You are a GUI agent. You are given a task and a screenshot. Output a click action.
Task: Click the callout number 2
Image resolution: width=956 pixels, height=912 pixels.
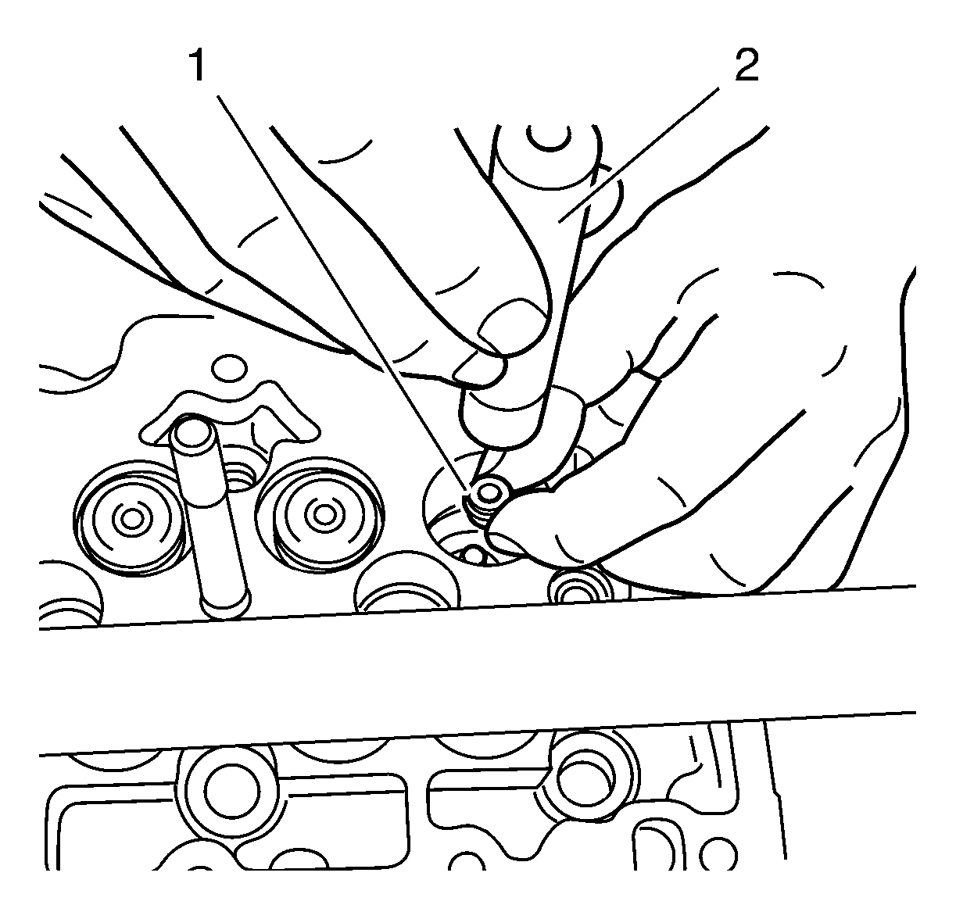click(x=745, y=67)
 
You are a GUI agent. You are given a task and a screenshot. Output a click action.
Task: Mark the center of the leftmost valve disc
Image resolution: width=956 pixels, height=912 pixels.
click(x=129, y=517)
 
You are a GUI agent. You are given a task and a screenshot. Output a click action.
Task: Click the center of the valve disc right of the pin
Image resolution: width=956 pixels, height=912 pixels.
click(x=320, y=514)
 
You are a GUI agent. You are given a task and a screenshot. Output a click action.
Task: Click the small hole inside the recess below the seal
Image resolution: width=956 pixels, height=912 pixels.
click(x=474, y=556)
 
